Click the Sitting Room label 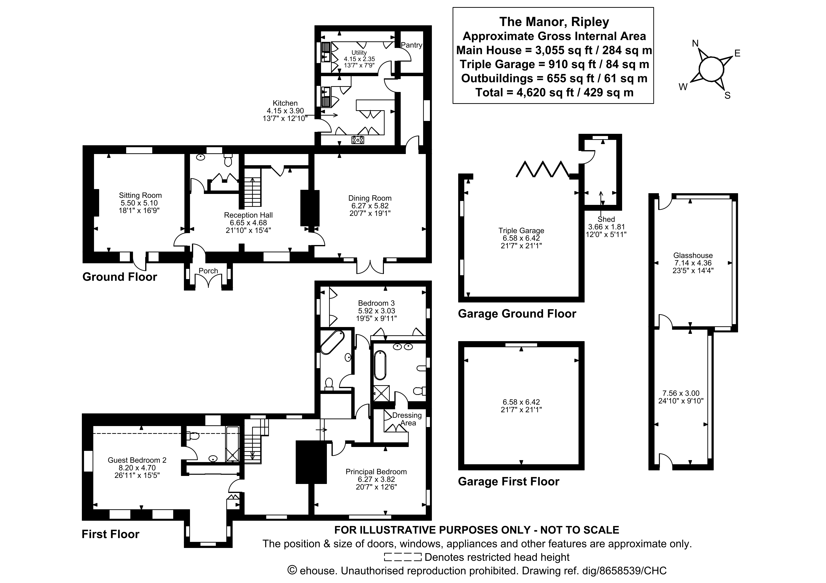tap(140, 195)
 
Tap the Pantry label tap(411, 45)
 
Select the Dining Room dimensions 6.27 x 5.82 tap(370, 206)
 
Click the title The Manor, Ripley tap(554, 22)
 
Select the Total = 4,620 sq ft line tap(554, 92)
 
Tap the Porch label tap(208, 271)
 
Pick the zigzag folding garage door tap(542, 169)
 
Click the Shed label tap(606, 219)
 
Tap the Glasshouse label tap(693, 255)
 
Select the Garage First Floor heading tap(508, 481)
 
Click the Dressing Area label tap(407, 419)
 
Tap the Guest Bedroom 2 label tap(137, 460)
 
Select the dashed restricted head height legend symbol tap(403, 557)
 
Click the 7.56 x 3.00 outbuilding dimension tap(681, 393)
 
